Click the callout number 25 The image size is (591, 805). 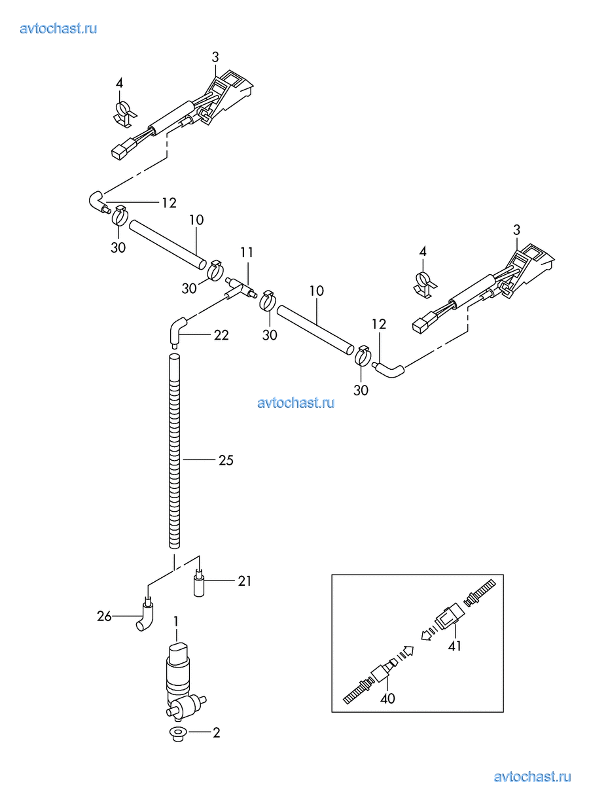226,461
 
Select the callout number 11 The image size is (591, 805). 247,252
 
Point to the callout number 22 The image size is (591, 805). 221,334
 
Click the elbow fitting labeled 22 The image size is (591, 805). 177,328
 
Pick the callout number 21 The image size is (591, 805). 244,581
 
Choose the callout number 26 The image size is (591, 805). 104,616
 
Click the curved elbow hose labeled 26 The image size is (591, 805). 147,615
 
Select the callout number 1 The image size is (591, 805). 175,619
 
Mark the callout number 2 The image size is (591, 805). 216,732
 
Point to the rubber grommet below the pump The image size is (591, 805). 177,733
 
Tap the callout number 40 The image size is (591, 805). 388,698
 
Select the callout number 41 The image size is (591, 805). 455,646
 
